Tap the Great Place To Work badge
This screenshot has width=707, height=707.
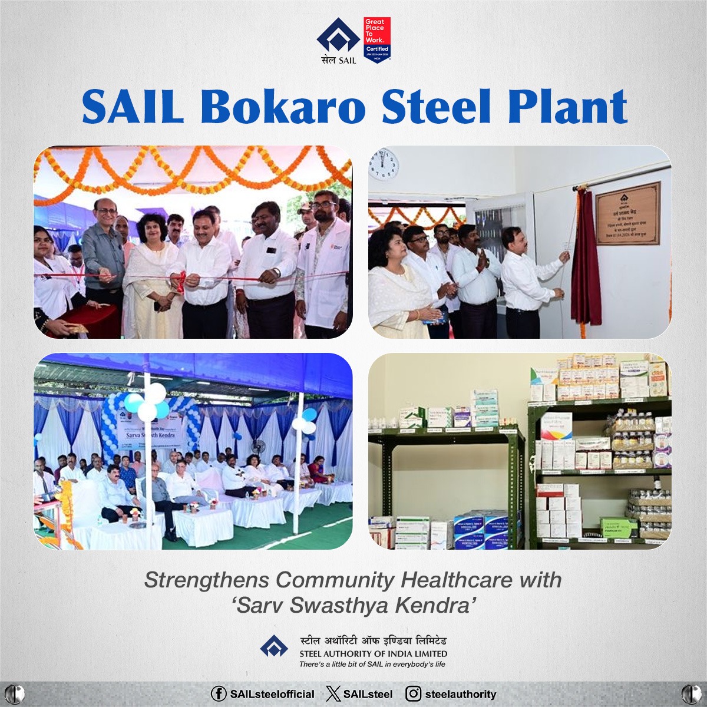tap(377, 40)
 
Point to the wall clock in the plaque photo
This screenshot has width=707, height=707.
tap(384, 164)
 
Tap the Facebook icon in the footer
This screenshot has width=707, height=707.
tap(219, 694)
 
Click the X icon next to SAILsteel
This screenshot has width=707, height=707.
tap(333, 694)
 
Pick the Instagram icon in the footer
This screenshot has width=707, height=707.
tap(415, 694)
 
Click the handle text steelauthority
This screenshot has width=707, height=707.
tap(460, 694)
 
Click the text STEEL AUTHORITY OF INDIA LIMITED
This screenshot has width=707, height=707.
tap(373, 653)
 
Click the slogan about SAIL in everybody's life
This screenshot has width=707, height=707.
tap(372, 664)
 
